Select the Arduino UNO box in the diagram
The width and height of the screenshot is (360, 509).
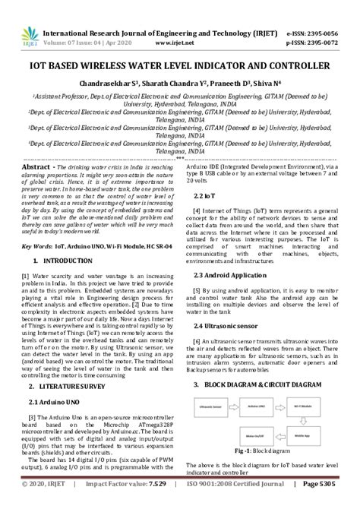[254, 407]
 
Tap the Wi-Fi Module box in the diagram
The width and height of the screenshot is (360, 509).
[304, 407]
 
